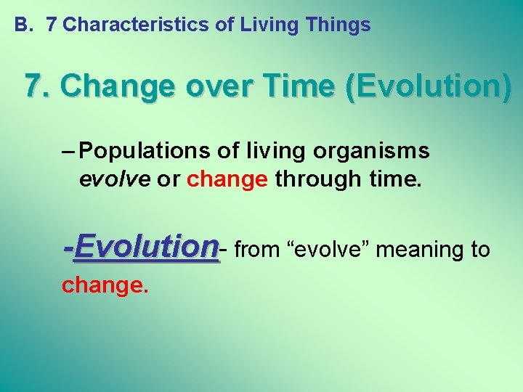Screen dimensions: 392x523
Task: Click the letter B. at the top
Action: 24,25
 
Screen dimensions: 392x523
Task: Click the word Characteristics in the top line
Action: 137,25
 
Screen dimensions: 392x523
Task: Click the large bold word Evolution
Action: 146,247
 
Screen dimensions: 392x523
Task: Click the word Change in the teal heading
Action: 118,86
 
